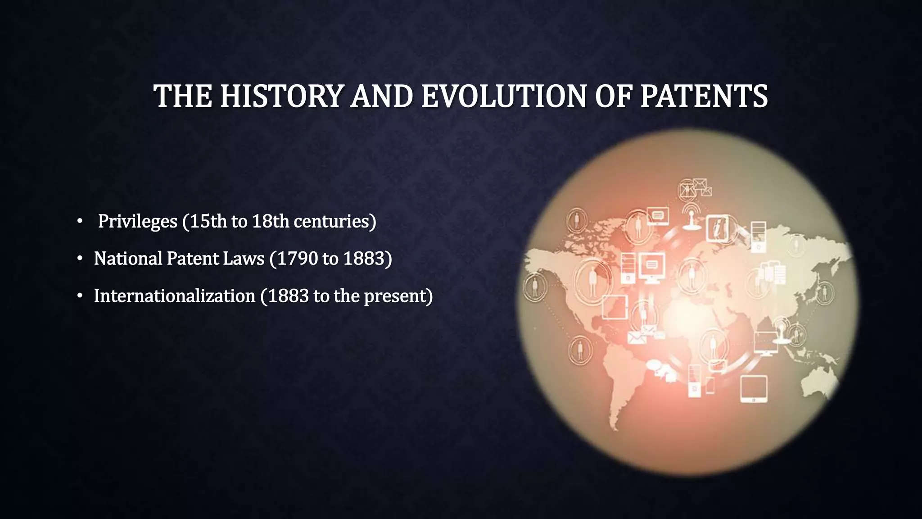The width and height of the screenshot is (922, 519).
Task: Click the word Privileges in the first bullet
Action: tap(137, 221)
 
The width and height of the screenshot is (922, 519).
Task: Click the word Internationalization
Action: tap(174, 296)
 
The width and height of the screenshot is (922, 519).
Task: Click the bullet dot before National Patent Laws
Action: tap(80, 259)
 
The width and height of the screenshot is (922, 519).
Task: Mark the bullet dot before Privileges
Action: tap(80, 221)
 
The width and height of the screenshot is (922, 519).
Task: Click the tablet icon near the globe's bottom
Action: tap(754, 388)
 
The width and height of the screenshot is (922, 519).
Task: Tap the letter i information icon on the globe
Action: tap(717, 228)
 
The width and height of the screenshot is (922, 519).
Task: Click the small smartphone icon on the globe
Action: tap(710, 385)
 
